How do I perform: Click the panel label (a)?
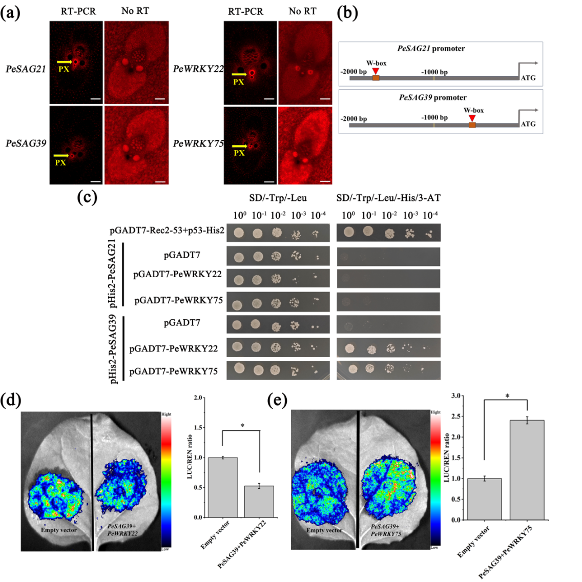pos(11,12)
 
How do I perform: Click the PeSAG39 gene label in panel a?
pos(26,143)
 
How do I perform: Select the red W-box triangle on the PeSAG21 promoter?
pos(376,71)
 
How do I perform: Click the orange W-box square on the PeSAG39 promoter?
pos(472,124)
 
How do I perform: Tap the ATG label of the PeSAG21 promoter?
pos(528,78)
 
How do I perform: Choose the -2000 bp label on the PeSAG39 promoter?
pos(354,119)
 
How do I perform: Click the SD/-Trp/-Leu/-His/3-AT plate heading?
pos(388,198)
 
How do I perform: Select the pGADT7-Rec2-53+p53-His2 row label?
pos(167,231)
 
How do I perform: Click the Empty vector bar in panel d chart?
pos(222,487)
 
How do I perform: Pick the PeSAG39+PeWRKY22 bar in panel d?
pos(259,501)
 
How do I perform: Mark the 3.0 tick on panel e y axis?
pos(455,396)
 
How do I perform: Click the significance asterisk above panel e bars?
pos(507,396)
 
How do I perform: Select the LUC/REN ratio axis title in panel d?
pos(190,457)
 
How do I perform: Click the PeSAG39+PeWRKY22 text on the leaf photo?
pos(122,530)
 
